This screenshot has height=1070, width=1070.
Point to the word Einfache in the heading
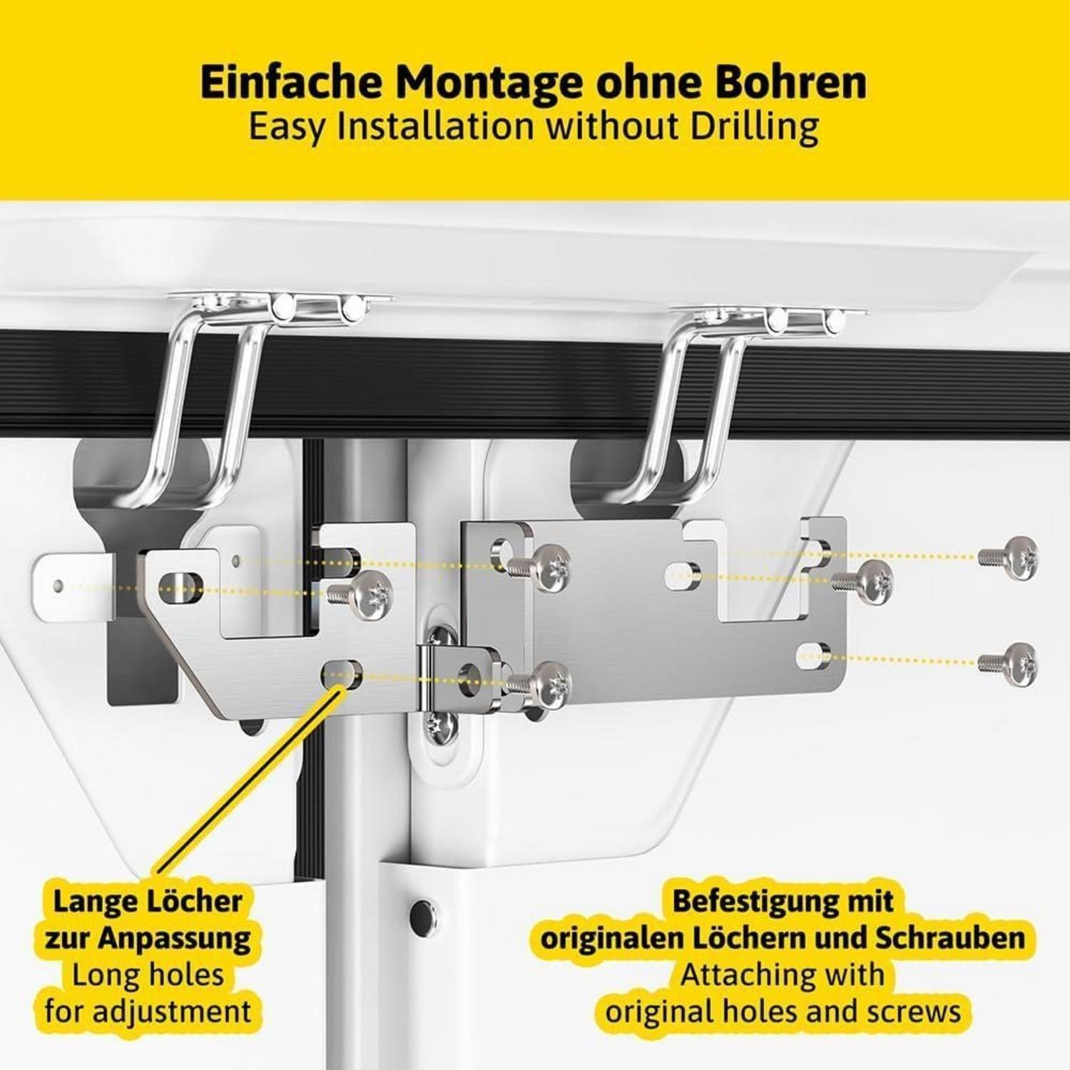pyautogui.click(x=292, y=82)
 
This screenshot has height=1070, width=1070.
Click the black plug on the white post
pyautogui.click(x=421, y=912)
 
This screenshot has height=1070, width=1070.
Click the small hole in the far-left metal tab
pyautogui.click(x=58, y=587)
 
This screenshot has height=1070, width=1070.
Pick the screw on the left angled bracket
pyautogui.click(x=364, y=593)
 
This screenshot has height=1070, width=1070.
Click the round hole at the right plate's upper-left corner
pyautogui.click(x=503, y=551)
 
